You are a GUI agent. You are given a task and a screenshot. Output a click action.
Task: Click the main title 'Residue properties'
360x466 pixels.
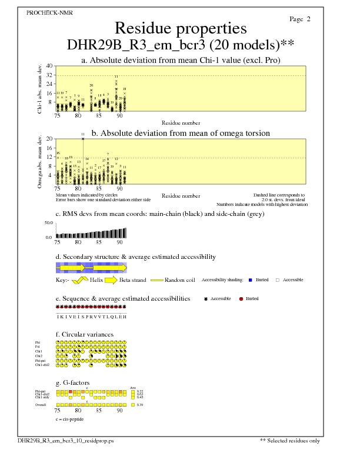point(180,28)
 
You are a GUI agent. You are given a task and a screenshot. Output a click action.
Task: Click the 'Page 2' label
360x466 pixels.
point(300,19)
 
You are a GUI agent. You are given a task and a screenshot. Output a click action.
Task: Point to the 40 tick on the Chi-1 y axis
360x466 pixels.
point(50,66)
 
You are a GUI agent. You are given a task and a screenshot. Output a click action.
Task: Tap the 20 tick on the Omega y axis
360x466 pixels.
point(50,139)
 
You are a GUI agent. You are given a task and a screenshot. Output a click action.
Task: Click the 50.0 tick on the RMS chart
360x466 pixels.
point(49,224)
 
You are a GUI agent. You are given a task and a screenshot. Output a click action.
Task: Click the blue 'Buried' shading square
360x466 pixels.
point(251,280)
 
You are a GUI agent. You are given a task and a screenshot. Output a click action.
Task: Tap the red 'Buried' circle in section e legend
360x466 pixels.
point(241,299)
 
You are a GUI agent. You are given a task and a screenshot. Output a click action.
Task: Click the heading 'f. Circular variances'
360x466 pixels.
point(84,334)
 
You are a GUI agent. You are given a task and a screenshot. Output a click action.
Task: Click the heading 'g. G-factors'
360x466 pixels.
point(72,382)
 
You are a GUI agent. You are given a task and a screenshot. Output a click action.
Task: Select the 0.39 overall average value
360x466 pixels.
point(139,405)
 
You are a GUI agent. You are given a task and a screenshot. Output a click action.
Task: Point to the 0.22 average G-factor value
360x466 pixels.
point(139,391)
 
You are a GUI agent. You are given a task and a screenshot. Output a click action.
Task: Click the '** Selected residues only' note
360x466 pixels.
point(290,440)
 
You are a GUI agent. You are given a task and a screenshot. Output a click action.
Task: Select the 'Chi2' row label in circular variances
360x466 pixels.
point(39,356)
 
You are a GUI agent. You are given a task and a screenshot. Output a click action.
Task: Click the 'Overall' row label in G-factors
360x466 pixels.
point(41,405)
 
